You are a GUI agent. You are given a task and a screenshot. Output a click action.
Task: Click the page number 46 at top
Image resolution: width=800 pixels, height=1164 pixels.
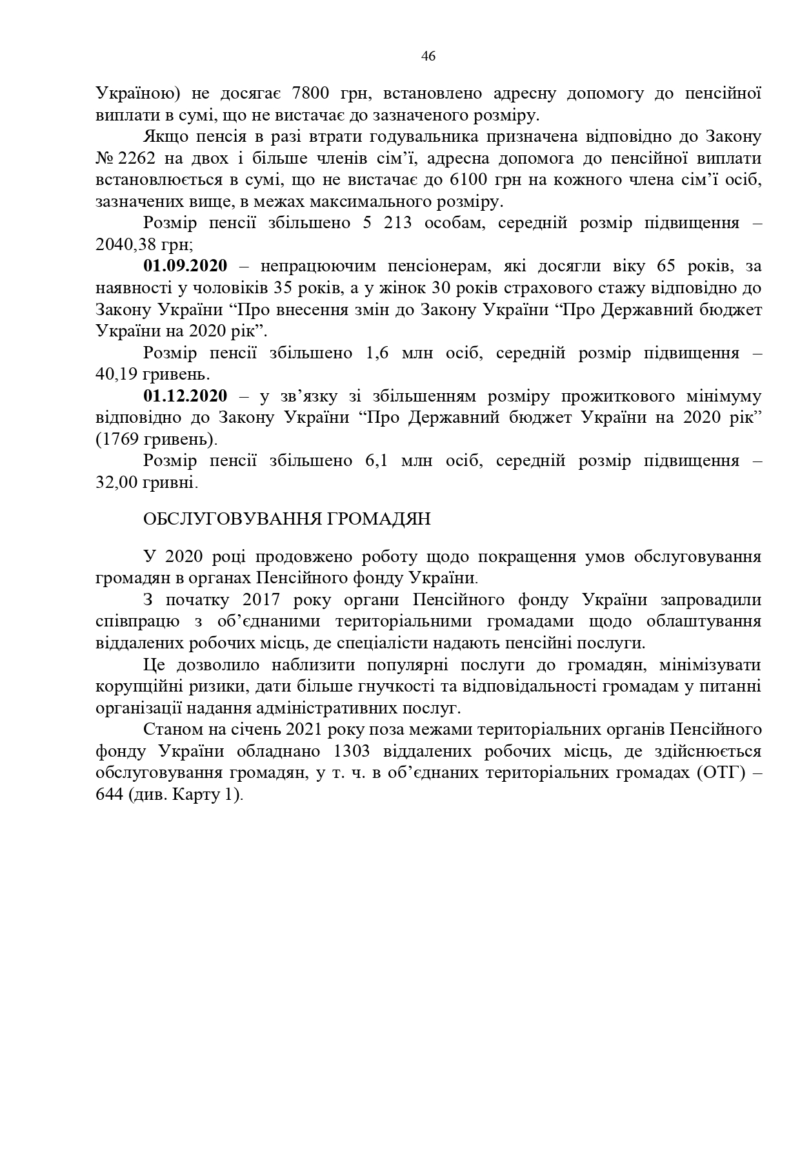point(428,56)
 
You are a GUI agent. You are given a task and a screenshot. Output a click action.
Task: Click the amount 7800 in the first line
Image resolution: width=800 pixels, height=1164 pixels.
point(313,93)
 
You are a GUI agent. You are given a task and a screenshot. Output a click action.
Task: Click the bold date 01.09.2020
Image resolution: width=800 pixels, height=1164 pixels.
point(185,266)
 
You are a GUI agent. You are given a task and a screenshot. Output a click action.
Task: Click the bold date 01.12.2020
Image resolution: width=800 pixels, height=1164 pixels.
point(185,396)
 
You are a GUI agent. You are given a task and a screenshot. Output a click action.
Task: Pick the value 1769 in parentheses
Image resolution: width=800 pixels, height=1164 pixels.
point(120,440)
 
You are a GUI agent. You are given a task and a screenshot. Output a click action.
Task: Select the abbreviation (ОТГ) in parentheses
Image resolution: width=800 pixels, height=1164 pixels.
point(721,773)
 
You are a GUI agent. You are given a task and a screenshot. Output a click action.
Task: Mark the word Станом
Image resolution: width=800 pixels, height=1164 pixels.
point(168,730)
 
